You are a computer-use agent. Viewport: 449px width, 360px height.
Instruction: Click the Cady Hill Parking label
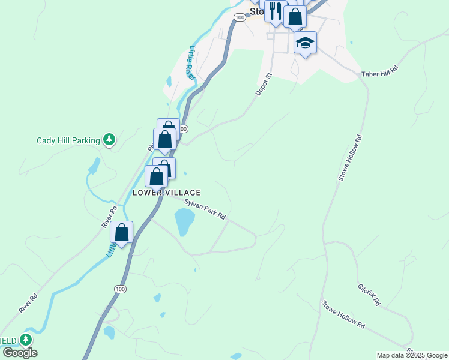[68, 140]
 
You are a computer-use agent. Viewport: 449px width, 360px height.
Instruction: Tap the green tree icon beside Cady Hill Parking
[109, 140]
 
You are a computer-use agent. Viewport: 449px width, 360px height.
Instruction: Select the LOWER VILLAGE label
[166, 192]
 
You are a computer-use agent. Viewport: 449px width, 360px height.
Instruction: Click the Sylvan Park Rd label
[205, 209]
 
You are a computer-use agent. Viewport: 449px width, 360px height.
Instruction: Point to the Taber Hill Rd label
[380, 72]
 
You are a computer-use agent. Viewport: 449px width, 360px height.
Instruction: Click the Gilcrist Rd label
[369, 295]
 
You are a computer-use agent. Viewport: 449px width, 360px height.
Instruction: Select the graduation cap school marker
[305, 43]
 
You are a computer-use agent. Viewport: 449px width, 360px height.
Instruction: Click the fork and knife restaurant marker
[275, 11]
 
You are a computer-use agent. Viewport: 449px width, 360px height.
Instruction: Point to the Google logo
[20, 353]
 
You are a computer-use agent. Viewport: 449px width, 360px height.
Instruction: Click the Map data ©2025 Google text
[412, 355]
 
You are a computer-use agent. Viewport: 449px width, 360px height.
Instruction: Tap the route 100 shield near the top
[240, 18]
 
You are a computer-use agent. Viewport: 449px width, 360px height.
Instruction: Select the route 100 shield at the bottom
[121, 289]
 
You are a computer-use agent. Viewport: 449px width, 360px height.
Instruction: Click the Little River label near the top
[190, 62]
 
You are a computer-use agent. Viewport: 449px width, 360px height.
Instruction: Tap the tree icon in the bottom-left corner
[25, 340]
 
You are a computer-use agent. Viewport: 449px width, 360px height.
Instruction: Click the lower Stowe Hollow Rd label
[343, 314]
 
